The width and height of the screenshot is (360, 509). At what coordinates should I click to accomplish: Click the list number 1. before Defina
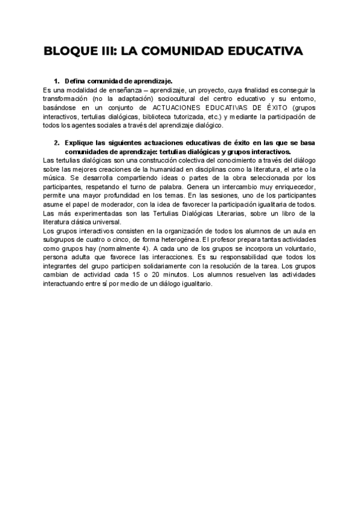tap(57, 80)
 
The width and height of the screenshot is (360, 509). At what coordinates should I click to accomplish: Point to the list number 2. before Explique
tap(57, 143)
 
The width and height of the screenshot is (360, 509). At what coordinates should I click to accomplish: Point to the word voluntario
tap(296, 249)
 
